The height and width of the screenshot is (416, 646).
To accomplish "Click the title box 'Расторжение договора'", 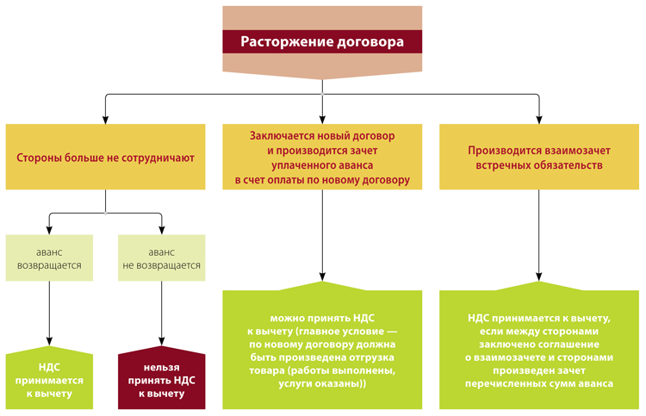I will tap(321, 40).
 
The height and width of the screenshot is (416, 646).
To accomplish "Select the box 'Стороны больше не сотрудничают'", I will tap(105, 158).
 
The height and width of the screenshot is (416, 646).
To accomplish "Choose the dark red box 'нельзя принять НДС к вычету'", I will tap(162, 380).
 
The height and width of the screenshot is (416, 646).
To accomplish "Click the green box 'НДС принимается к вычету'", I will tap(49, 380).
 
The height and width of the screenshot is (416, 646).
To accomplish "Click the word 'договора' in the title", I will tap(367, 41).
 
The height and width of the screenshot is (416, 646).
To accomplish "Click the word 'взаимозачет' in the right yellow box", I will tap(575, 149).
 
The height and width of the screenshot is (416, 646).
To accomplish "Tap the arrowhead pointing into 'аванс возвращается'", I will tap(49, 229).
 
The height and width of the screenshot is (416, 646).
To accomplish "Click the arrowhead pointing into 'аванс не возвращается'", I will tap(162, 229).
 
